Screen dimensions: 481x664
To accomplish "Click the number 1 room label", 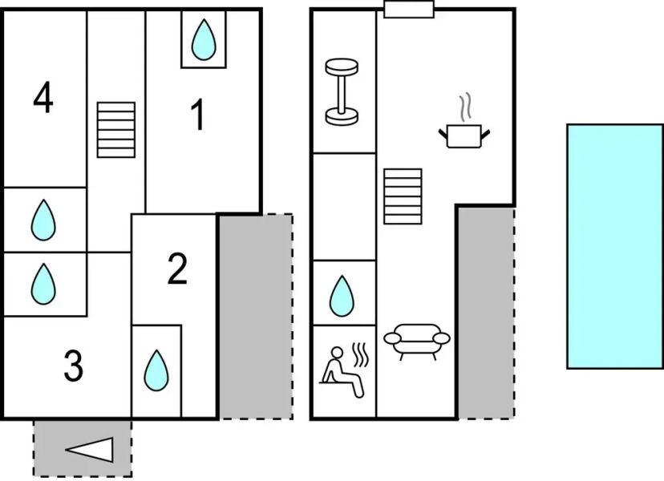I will (x=197, y=115).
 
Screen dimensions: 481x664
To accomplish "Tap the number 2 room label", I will (x=177, y=269).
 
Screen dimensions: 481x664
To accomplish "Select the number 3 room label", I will (x=73, y=367).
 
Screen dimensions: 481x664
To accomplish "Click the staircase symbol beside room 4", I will (x=116, y=129).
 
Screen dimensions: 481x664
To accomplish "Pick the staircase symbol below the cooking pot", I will (x=403, y=196).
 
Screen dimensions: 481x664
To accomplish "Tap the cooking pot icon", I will (x=464, y=134).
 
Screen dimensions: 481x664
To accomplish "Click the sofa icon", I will (x=417, y=341).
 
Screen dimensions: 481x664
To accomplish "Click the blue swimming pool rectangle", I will (x=614, y=246).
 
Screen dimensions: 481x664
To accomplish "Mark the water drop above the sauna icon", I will (x=342, y=295).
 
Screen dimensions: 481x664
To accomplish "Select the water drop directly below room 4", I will (x=43, y=220).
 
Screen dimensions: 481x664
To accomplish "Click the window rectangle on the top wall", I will (x=409, y=9).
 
